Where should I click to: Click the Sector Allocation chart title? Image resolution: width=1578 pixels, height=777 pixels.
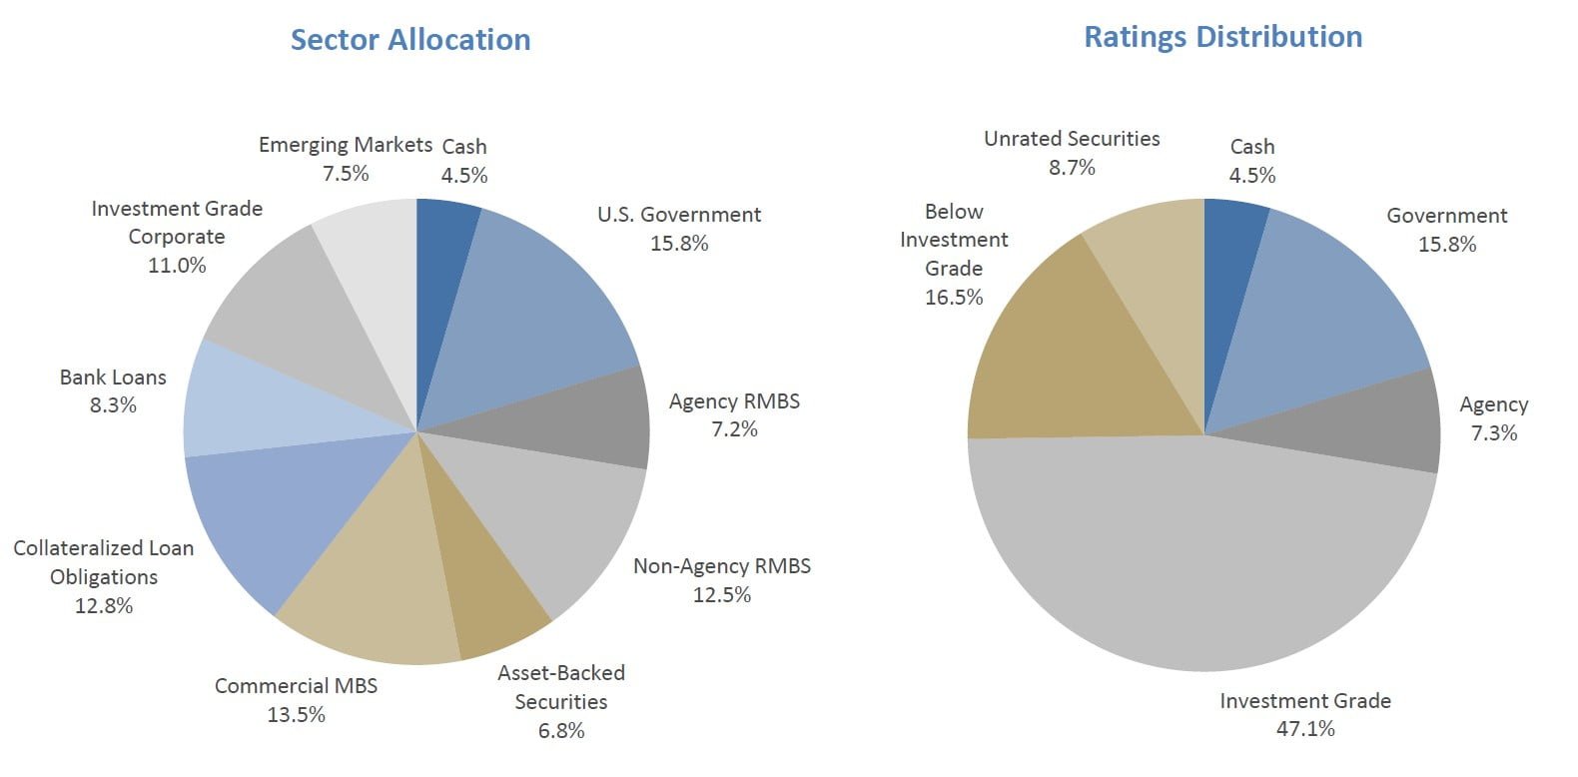tap(410, 40)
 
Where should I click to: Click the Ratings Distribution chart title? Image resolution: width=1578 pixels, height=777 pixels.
tap(1222, 37)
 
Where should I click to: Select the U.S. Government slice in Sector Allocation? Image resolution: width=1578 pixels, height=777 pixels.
tap(539, 300)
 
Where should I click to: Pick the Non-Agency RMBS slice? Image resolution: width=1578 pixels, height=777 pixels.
tap(559, 519)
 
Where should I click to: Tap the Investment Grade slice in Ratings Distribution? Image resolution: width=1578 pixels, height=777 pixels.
tap(1198, 559)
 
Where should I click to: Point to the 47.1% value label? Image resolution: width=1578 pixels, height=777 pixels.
tap(1305, 729)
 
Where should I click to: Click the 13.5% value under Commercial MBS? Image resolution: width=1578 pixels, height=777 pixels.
tap(296, 715)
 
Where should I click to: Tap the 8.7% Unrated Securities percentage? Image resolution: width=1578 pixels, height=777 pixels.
tap(1072, 168)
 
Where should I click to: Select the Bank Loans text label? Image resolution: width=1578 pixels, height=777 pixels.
tap(113, 378)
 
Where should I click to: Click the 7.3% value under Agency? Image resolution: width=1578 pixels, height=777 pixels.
tap(1493, 433)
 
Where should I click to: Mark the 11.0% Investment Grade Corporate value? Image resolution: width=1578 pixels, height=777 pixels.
tap(177, 266)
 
